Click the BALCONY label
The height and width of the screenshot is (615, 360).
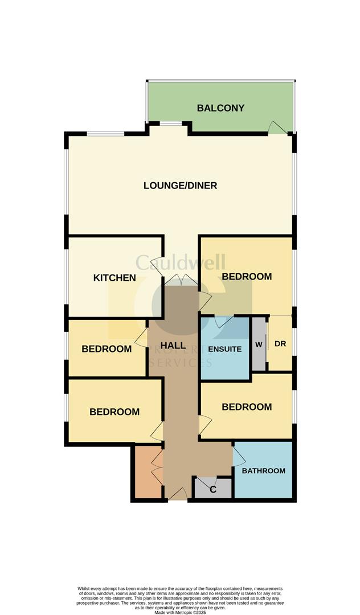point(220,108)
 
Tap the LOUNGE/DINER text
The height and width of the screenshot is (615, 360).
point(180,186)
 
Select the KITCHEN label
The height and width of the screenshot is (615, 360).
point(114,278)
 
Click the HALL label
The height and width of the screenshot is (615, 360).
point(173,346)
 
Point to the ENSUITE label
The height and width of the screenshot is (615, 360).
point(224,349)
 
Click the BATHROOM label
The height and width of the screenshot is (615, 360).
point(263,471)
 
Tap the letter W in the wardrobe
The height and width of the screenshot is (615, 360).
point(259,345)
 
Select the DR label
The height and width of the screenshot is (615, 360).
point(280,344)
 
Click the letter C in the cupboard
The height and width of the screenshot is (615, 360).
point(213,489)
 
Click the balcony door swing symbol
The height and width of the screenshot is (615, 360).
point(277,127)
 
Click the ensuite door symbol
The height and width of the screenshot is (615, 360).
point(223,321)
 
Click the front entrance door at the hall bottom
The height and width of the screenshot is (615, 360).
point(178,494)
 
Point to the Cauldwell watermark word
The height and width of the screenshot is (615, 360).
point(180,263)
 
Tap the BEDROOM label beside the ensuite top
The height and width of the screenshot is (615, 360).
point(247,277)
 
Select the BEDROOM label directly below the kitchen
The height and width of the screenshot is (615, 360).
point(107,349)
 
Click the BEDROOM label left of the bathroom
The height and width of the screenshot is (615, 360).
point(114,412)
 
